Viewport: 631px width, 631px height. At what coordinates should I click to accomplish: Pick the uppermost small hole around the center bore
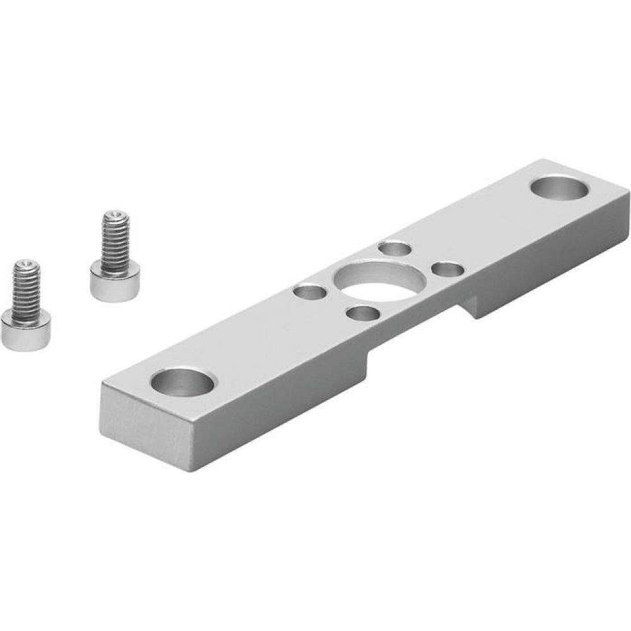pos(395,249)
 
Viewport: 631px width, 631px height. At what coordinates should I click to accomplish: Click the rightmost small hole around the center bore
pos(449,269)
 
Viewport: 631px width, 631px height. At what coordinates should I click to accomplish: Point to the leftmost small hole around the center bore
pos(309,292)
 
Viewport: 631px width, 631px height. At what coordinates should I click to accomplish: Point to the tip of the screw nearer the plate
pos(115,214)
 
